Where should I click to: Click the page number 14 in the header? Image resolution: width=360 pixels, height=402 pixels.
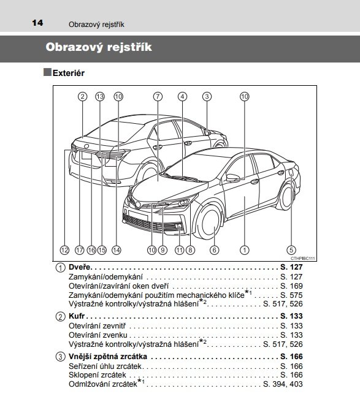point(37,23)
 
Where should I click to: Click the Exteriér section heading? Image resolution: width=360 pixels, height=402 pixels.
point(69,73)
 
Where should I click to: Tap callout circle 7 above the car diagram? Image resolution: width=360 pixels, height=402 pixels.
point(158,97)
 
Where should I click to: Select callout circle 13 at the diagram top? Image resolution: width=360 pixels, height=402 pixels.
point(100,97)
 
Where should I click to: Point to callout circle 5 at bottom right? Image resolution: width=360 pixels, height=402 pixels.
point(291,250)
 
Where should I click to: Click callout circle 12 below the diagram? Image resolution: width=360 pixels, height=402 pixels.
point(64,250)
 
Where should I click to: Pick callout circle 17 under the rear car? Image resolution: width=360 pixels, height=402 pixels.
point(80,250)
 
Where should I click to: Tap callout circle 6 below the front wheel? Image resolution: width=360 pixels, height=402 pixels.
point(215,250)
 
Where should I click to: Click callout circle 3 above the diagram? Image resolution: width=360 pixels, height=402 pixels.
point(207,97)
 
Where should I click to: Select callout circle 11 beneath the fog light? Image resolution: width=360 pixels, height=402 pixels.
point(179,250)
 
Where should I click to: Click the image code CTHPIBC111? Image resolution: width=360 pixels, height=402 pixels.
point(302,259)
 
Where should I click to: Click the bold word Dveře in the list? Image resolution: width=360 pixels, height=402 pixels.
point(80,267)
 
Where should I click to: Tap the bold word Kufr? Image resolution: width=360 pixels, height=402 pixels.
point(77,316)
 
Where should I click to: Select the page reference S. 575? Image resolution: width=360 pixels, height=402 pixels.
point(291,295)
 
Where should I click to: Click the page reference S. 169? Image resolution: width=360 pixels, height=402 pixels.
point(291,286)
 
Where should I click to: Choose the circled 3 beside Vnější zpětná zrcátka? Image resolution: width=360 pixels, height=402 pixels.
point(60,357)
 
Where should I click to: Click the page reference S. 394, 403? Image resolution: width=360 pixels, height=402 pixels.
point(283,384)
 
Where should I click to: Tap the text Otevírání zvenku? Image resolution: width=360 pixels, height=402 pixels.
point(98,335)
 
